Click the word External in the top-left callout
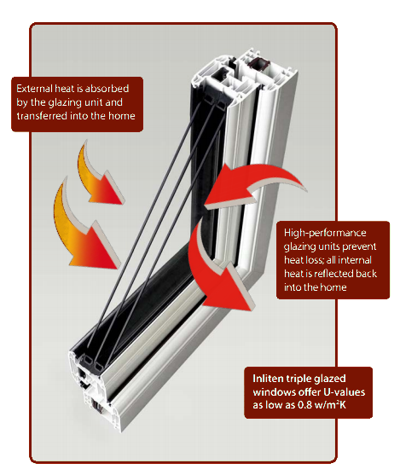[34, 89]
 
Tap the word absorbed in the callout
[107, 89]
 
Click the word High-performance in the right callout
[325, 233]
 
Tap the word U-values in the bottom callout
[344, 392]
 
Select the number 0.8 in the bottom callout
[304, 405]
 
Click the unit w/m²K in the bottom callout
[330, 405]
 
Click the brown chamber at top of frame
[259, 65]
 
